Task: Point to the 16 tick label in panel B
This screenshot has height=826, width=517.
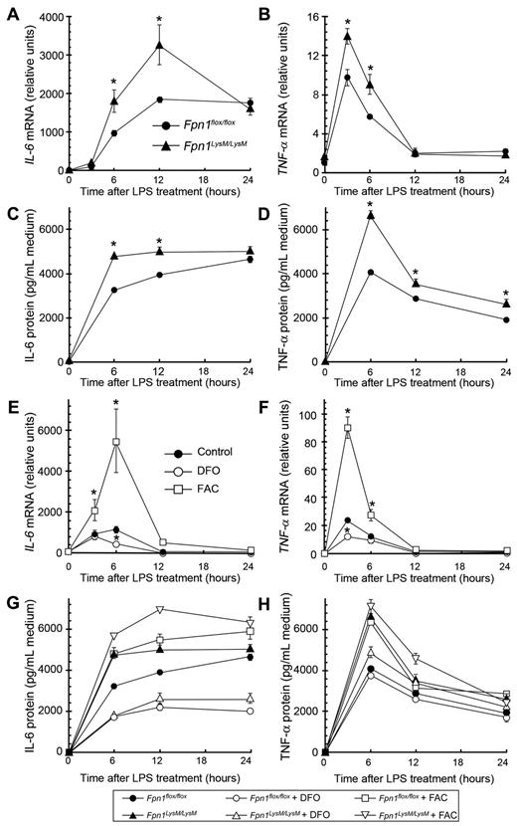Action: [309, 17]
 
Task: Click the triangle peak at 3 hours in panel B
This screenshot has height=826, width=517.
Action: [347, 36]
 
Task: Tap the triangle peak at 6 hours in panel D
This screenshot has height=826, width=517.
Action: [370, 215]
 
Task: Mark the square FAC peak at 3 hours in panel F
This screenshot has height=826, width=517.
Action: [347, 428]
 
